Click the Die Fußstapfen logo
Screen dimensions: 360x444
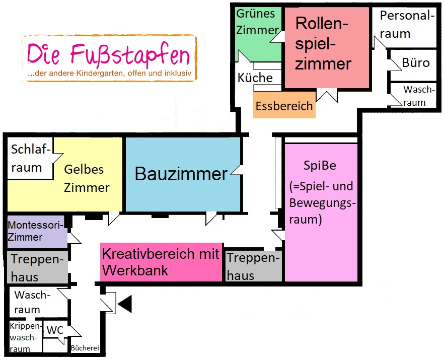109,57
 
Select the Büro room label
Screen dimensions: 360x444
416,63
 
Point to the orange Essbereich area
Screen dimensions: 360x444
284,106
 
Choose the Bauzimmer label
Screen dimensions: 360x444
181,174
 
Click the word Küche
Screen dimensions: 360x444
255,78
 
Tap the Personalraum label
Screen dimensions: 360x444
406,25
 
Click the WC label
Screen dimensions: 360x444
54,331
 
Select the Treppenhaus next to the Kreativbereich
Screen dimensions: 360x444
253,266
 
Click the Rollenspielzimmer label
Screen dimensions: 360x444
323,44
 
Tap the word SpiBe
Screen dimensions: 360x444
320,165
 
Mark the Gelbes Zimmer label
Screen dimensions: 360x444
87,178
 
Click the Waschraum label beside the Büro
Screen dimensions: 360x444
418,96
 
